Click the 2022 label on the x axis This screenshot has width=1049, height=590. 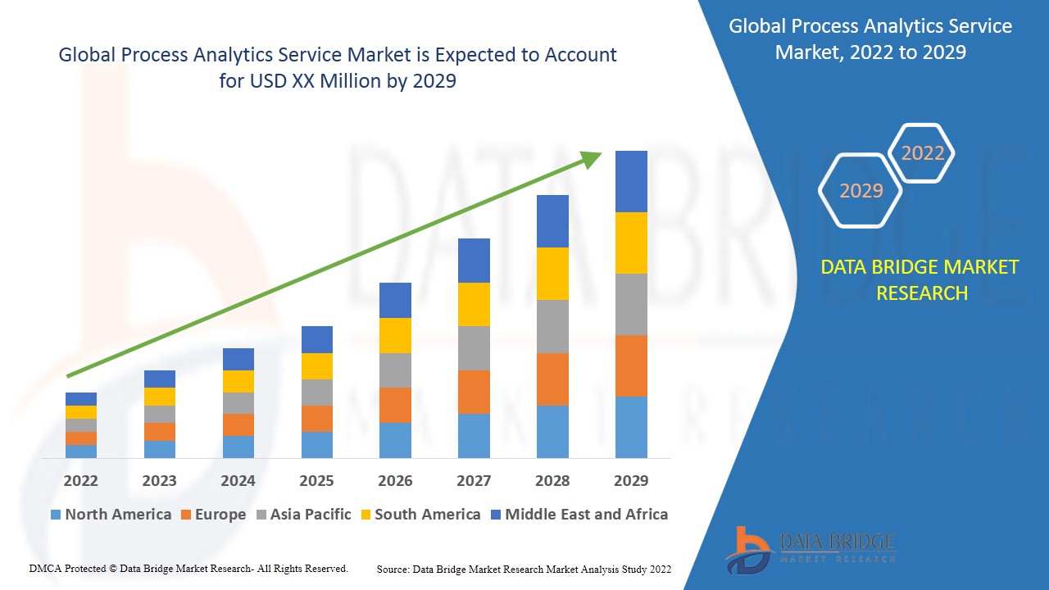(x=80, y=480)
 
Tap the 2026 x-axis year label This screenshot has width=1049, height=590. (x=395, y=480)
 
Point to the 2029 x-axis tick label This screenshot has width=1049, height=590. (x=631, y=480)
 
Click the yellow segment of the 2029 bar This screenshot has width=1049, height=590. (x=631, y=243)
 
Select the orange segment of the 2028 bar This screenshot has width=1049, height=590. (x=552, y=379)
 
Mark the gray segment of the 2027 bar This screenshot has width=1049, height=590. (x=474, y=348)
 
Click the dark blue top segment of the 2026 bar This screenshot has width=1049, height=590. (x=395, y=300)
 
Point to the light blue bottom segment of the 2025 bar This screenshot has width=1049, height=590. (x=317, y=444)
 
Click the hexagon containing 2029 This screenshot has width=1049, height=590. (x=861, y=191)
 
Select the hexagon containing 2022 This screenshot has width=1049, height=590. (x=922, y=153)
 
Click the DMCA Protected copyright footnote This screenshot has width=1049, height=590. (x=188, y=568)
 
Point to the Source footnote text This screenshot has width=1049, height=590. (x=524, y=569)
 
